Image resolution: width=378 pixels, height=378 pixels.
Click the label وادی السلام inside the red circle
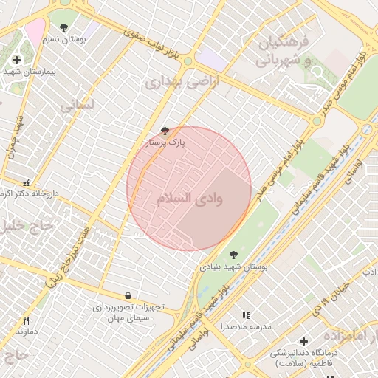190,199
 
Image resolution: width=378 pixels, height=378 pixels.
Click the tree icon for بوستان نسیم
64,27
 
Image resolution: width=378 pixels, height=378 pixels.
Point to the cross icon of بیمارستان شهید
16,59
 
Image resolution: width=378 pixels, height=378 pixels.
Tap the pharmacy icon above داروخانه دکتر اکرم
27,182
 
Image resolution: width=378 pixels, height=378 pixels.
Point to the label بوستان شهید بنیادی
233,266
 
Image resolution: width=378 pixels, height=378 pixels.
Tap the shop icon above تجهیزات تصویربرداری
128,295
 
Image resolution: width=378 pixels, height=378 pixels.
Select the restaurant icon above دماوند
27,320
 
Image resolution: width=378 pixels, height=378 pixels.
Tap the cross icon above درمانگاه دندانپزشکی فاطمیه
303,342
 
